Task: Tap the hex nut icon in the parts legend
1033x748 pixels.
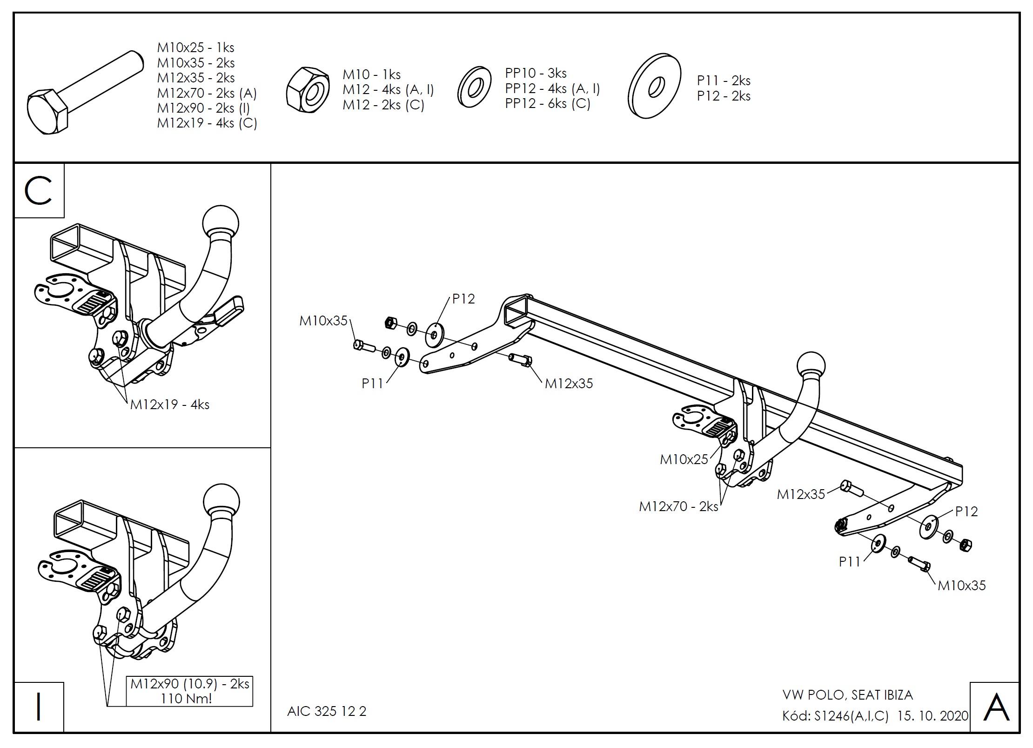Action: point(308,92)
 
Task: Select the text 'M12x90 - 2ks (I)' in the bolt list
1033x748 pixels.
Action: point(203,108)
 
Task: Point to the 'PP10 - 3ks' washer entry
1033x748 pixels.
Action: point(536,73)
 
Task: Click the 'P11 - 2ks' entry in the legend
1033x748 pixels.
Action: point(724,81)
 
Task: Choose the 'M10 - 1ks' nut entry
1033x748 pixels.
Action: point(371,74)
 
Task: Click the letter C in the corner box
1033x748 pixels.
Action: point(39,190)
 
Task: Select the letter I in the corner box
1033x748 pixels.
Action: point(39,707)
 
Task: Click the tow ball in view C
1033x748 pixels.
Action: point(221,222)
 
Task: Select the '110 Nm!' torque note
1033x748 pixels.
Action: point(186,698)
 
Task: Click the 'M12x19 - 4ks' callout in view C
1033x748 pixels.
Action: point(170,404)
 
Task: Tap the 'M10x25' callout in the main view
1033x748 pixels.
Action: point(684,459)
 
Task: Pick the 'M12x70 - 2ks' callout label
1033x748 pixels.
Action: point(678,506)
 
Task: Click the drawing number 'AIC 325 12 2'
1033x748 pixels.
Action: point(327,711)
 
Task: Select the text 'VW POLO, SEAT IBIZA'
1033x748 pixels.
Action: point(847,695)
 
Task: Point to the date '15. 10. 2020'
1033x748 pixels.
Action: point(932,716)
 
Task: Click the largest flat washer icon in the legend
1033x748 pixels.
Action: point(654,86)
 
